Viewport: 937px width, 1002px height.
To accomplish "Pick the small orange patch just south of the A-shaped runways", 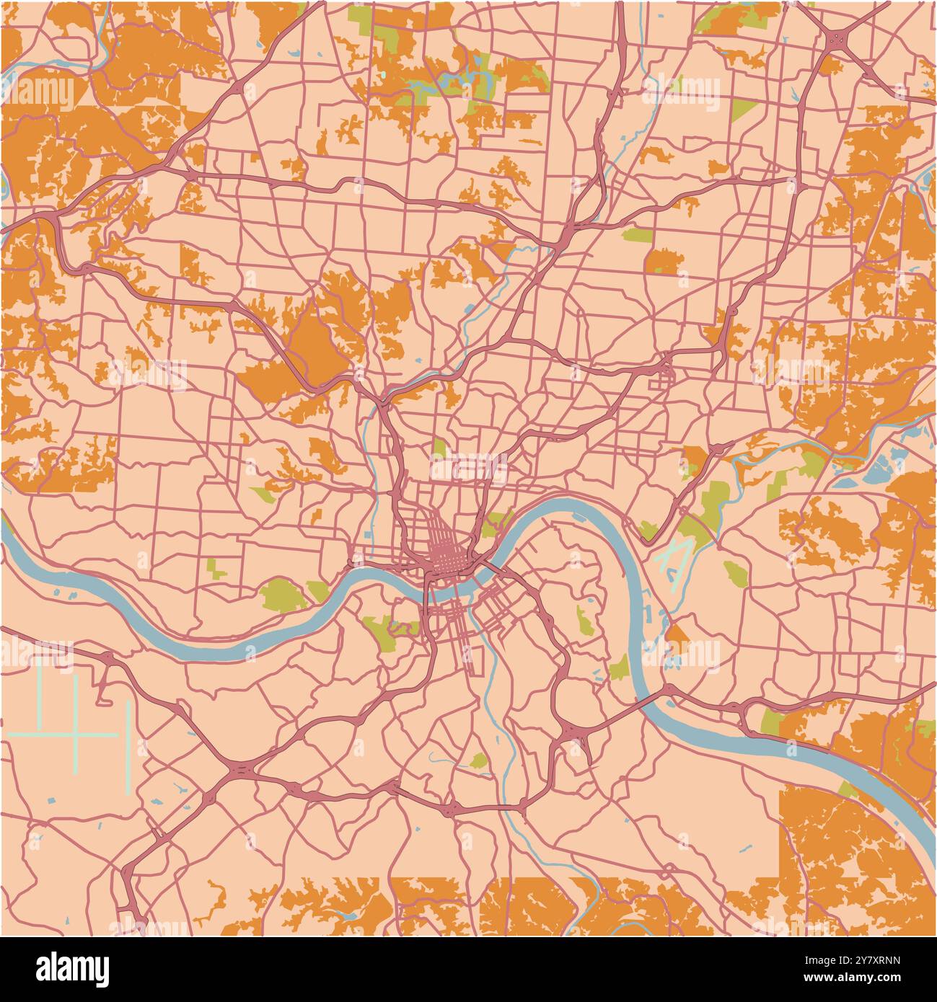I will tap(677, 635).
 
